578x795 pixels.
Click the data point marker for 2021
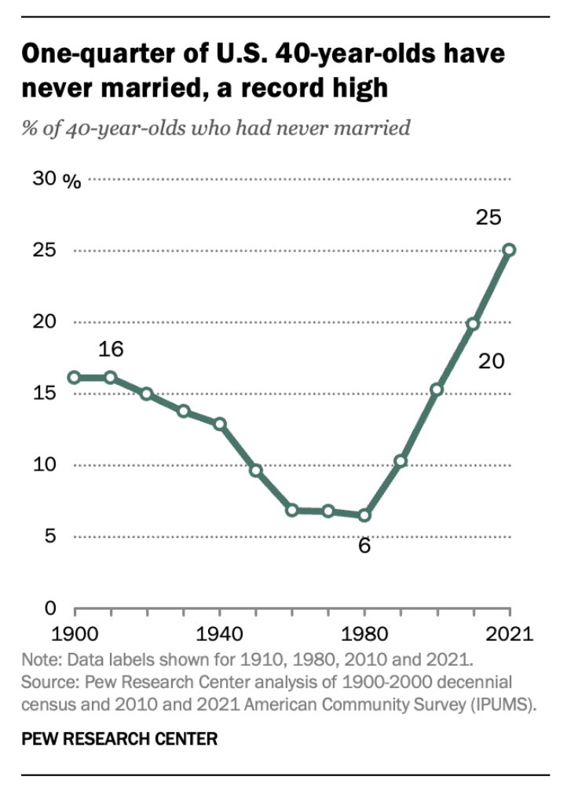(x=509, y=250)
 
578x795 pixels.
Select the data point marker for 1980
(x=364, y=515)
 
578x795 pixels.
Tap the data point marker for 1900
(x=75, y=377)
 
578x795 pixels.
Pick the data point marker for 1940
(x=220, y=424)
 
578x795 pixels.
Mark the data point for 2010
(x=473, y=324)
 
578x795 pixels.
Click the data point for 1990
(x=401, y=461)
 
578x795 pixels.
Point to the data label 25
(x=488, y=218)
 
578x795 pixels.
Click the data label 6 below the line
(x=364, y=545)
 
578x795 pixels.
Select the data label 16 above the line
(x=111, y=349)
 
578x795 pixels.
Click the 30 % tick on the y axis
(x=56, y=180)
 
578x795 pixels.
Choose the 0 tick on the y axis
(x=49, y=608)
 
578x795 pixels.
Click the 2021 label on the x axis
(x=509, y=632)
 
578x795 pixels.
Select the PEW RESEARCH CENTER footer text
(x=119, y=738)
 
